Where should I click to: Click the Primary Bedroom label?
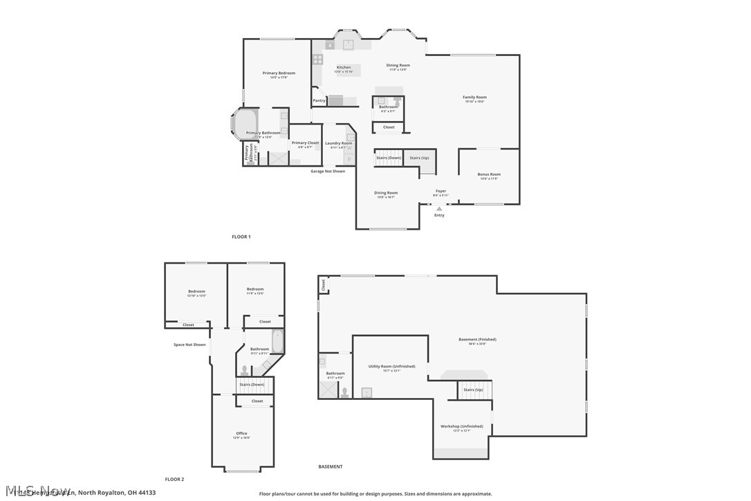[279, 73]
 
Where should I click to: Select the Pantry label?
[319, 101]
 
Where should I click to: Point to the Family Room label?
[474, 98]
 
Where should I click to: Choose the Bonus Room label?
[489, 174]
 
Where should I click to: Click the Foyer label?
[441, 191]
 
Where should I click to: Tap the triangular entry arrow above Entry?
[439, 208]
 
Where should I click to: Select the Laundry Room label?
[338, 143]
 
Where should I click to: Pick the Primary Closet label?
[305, 143]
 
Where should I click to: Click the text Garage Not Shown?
[328, 171]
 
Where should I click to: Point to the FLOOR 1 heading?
[241, 237]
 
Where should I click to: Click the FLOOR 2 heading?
[174, 479]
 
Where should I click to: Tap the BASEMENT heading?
[330, 466]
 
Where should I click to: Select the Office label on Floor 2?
[241, 434]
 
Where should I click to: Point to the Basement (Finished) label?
[477, 340]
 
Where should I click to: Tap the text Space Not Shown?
[189, 345]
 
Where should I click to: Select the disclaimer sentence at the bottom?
[375, 494]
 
